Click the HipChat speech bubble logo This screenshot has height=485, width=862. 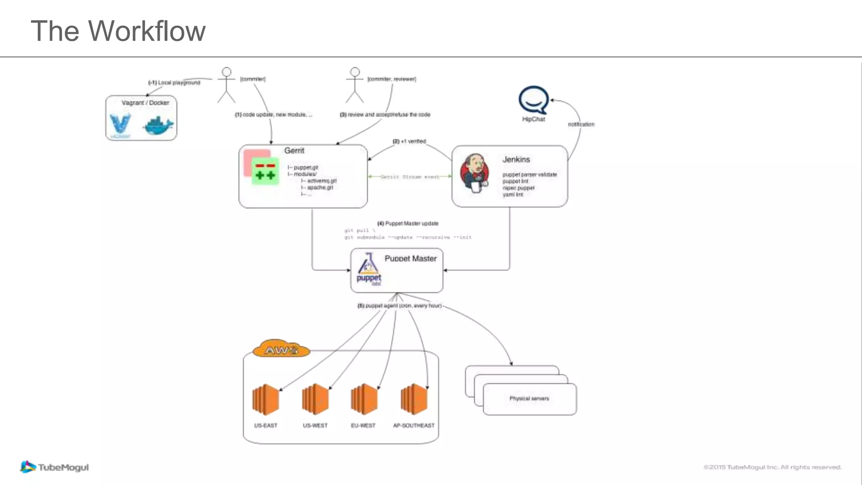(534, 100)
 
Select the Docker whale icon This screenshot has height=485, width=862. (158, 125)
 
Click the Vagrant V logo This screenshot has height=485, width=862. (120, 124)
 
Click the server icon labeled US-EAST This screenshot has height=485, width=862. (266, 399)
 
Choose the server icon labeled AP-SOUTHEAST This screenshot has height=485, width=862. (414, 399)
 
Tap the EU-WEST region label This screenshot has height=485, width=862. (363, 426)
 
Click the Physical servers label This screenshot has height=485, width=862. (529, 398)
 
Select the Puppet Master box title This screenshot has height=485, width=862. (410, 258)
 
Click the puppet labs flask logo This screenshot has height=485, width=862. (368, 269)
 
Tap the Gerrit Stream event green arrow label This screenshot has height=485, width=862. (410, 177)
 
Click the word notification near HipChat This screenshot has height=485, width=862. (581, 124)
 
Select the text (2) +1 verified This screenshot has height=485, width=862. (409, 141)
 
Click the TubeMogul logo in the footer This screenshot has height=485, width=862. (55, 467)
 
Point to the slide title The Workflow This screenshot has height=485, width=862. (118, 31)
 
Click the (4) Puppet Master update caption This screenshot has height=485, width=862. (407, 224)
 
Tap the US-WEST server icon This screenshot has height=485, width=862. (315, 399)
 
